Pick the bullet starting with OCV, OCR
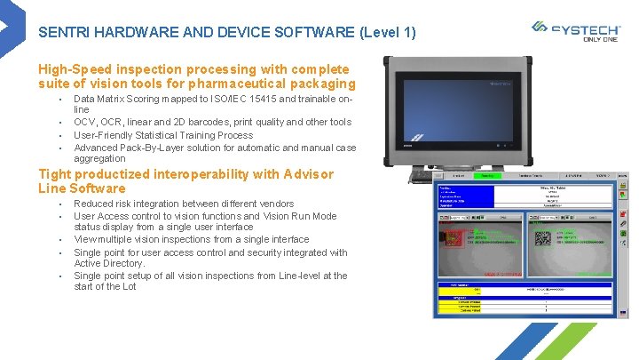pos(212,123)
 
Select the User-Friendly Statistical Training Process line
pos(163,135)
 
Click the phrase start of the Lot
pos(105,286)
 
